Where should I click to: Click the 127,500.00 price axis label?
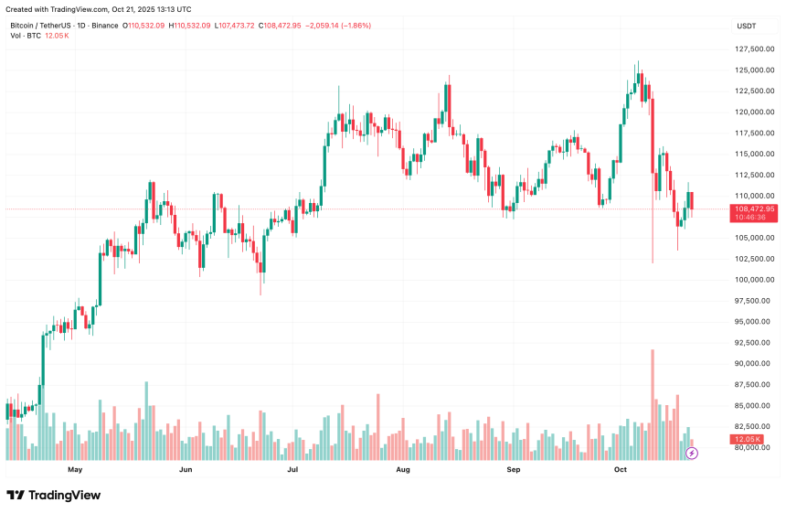coord(757,49)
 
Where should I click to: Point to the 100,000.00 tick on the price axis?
coord(757,280)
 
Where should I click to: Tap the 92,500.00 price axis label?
coord(757,343)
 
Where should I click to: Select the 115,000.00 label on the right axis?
coord(757,134)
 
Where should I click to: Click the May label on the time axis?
coord(75,470)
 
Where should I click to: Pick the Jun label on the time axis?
coord(186,470)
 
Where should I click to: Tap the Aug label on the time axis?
coord(403,470)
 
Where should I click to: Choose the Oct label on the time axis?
coord(621,470)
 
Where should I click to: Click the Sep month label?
coord(513,470)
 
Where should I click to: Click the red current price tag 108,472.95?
coord(754,209)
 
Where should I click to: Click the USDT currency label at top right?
coord(746,26)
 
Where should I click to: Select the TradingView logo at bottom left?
coord(54,496)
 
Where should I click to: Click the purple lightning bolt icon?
coord(692,453)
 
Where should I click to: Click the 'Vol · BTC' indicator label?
coord(27,36)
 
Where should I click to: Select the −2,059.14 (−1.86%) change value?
coord(337,26)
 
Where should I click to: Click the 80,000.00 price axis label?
coord(757,448)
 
